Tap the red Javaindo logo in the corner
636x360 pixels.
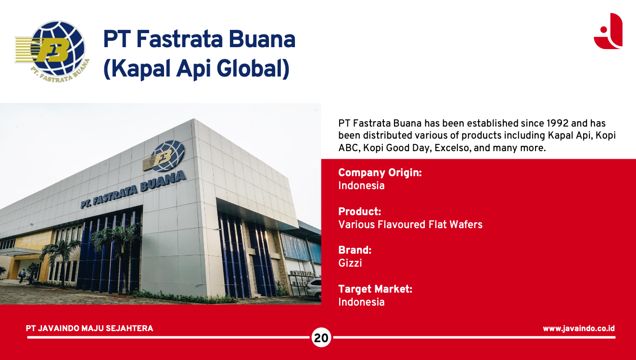point(608,31)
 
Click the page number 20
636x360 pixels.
point(321,338)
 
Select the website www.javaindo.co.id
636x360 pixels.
point(579,328)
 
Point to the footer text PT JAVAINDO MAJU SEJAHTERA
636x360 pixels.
point(89,328)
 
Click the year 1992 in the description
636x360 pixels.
point(558,123)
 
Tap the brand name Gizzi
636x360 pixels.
point(350,263)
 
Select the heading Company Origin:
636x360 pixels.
point(380,173)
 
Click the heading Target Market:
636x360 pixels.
point(375,289)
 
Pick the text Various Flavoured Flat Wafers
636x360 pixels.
point(410,224)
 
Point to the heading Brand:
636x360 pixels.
point(355,250)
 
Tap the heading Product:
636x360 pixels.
point(359,211)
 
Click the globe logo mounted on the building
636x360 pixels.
point(165,156)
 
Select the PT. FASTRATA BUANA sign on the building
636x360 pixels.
point(133,189)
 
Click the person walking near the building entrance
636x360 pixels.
point(22,276)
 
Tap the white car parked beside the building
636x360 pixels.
point(314,289)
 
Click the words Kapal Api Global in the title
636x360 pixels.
point(196,69)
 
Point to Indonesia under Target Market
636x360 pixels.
point(361,302)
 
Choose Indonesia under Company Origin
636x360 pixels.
point(361,186)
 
